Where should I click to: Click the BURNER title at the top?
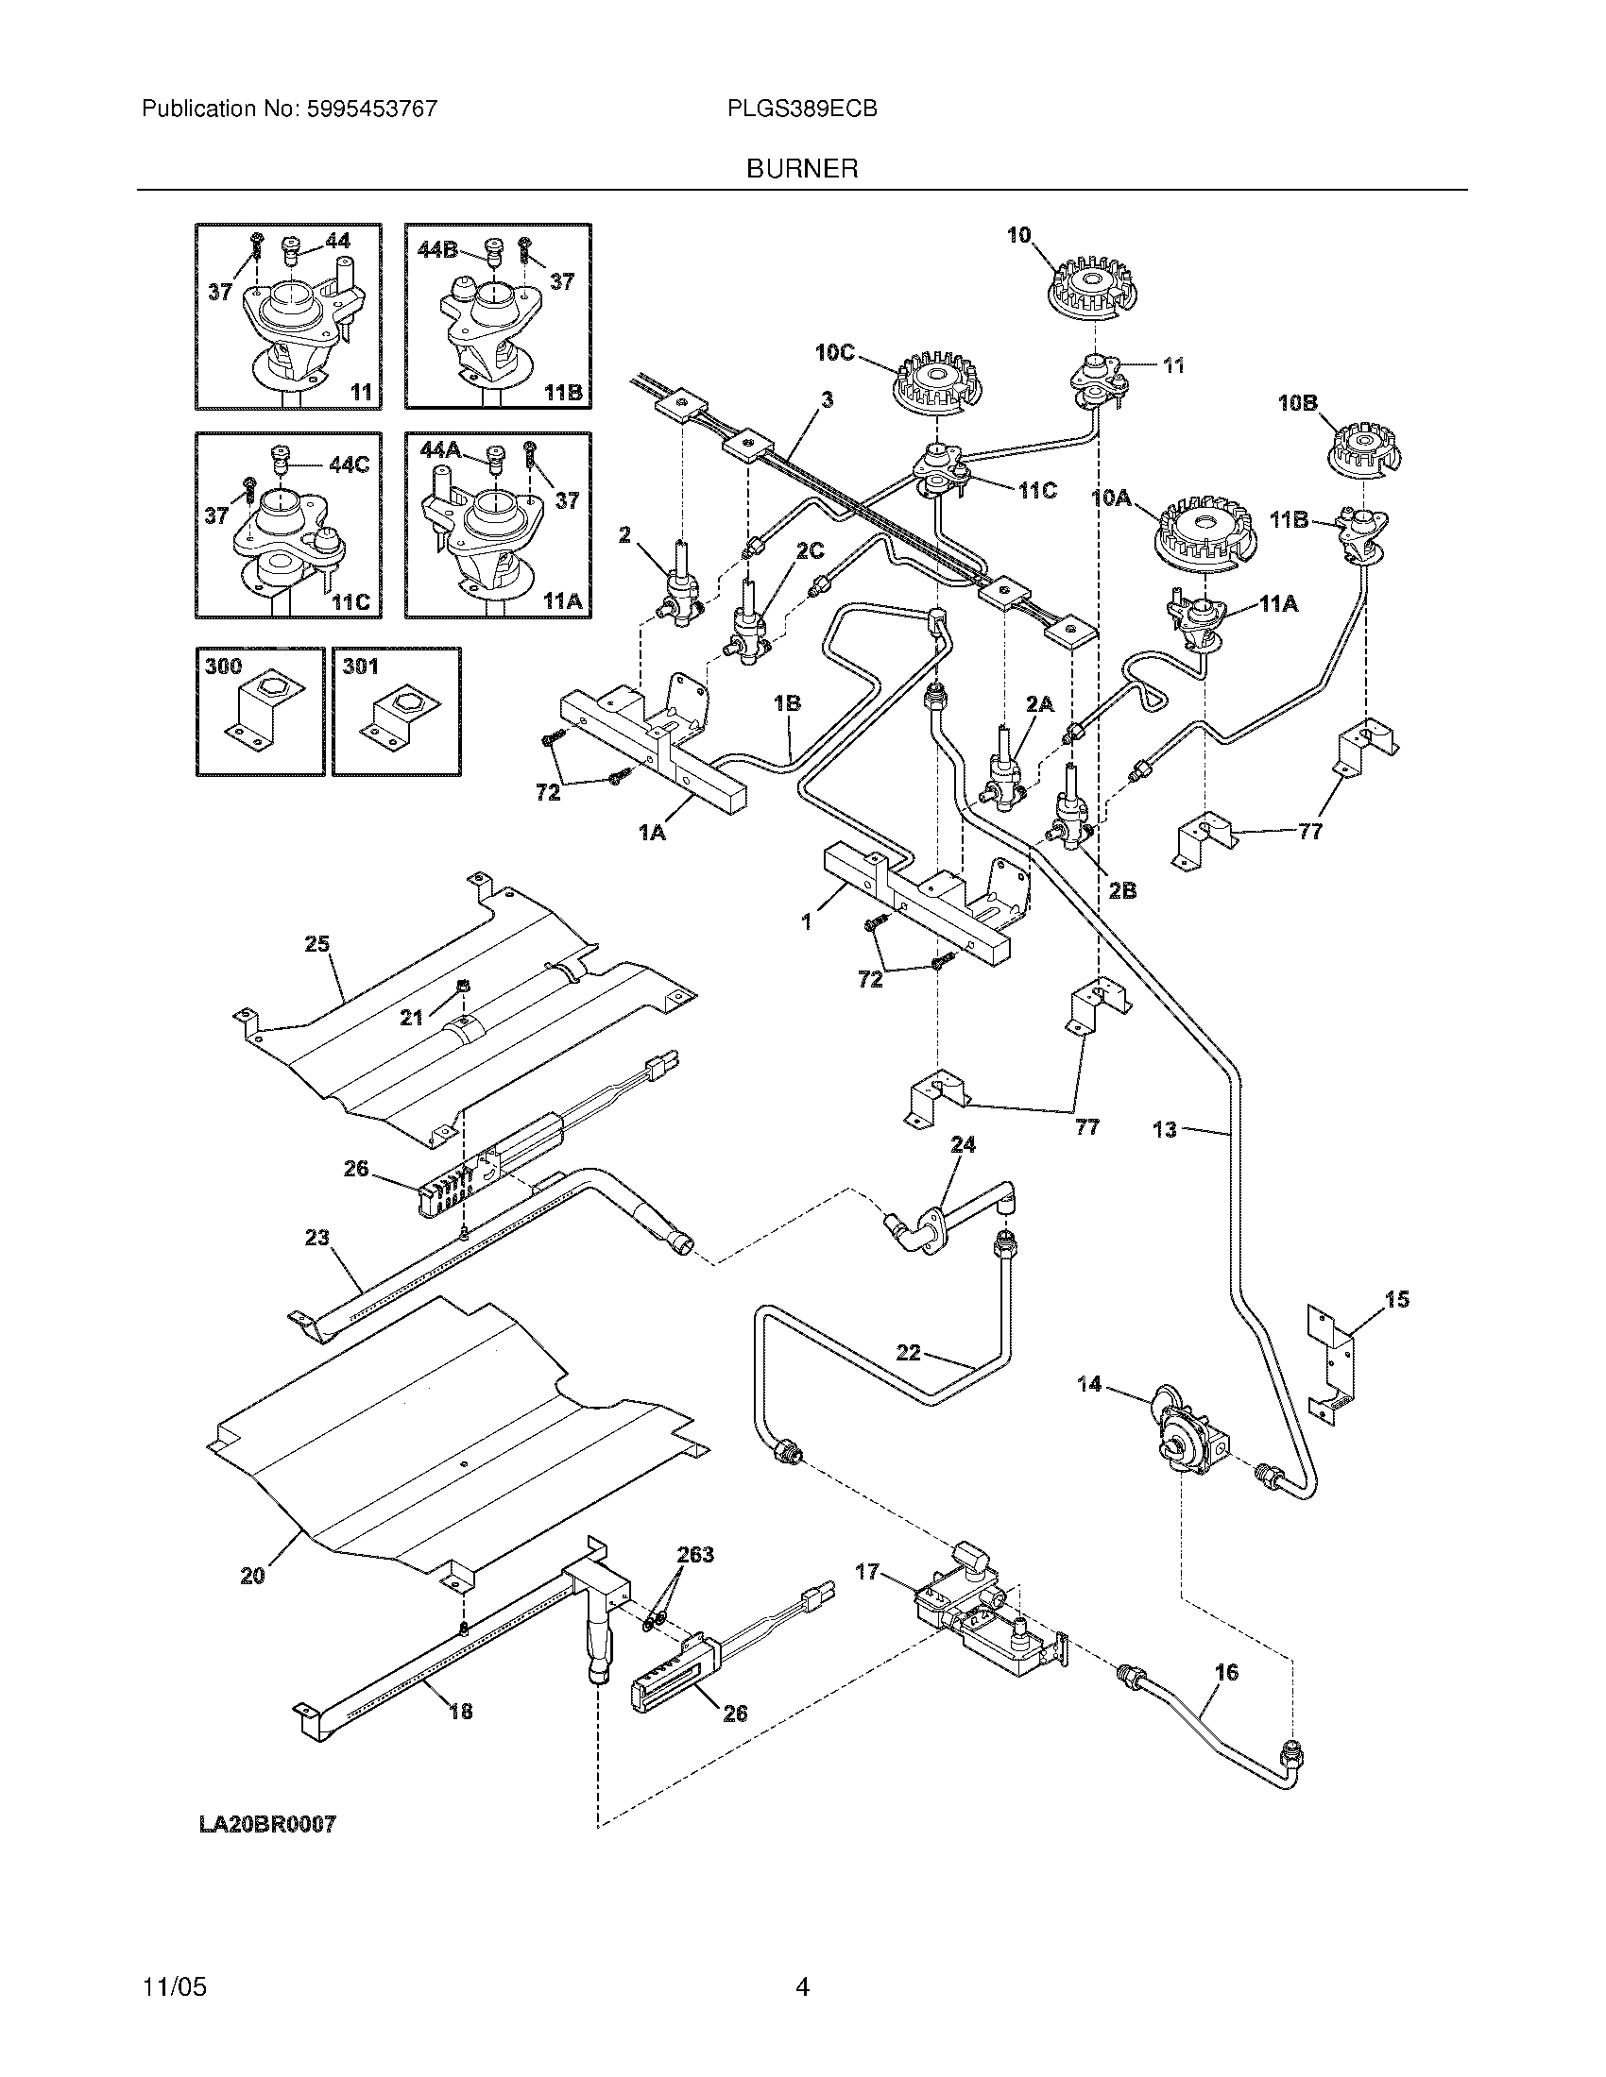[802, 169]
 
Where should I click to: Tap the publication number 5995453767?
[371, 109]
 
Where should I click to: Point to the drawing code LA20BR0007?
[267, 1824]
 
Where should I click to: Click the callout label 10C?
[834, 352]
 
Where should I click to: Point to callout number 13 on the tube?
[1165, 1130]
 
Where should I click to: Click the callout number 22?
[909, 1352]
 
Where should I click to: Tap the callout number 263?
[695, 1555]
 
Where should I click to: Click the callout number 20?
[252, 1576]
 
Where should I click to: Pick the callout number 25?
[316, 944]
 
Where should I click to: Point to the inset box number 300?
[224, 667]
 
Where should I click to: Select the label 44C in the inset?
[348, 465]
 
